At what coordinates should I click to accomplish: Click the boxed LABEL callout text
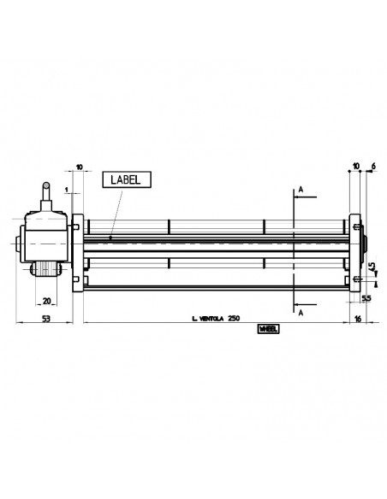coord(128,179)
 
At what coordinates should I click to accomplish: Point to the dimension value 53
coord(47,318)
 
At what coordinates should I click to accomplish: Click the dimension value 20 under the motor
coord(47,301)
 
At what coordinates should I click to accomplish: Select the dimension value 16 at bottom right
coord(358,318)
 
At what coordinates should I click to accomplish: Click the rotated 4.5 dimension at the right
coord(372,268)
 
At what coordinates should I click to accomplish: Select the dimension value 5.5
coord(365,299)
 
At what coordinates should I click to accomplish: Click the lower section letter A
coord(301,313)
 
